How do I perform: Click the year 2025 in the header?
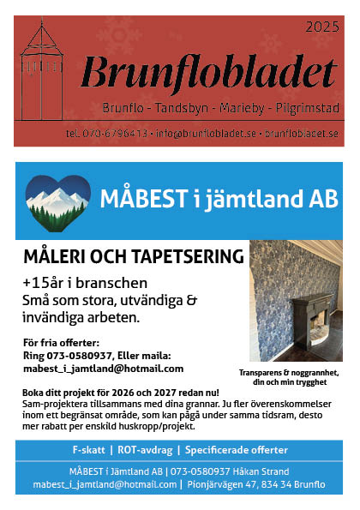click(x=322, y=27)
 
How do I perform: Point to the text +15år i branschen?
click(x=86, y=283)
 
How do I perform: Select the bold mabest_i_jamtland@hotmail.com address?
click(x=103, y=369)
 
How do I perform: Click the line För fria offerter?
click(x=62, y=343)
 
